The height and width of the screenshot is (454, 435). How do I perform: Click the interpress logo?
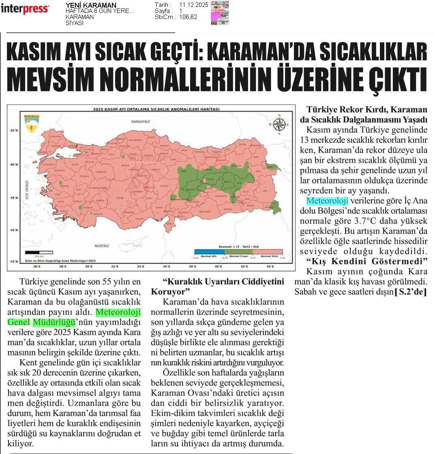25,9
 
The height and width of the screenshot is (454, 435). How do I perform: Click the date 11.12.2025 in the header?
193,5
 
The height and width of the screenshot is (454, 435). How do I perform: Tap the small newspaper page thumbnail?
220,13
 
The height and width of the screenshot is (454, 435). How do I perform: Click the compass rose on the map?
279,124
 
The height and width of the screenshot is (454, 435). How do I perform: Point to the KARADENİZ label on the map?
141,121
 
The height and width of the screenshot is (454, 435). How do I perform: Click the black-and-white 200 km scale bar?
39,252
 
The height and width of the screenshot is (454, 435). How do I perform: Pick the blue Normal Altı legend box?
209,252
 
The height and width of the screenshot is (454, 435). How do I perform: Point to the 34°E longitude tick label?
140,266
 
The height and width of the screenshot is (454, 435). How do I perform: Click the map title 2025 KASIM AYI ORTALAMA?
156,109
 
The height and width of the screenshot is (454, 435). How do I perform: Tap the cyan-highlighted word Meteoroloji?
327,201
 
